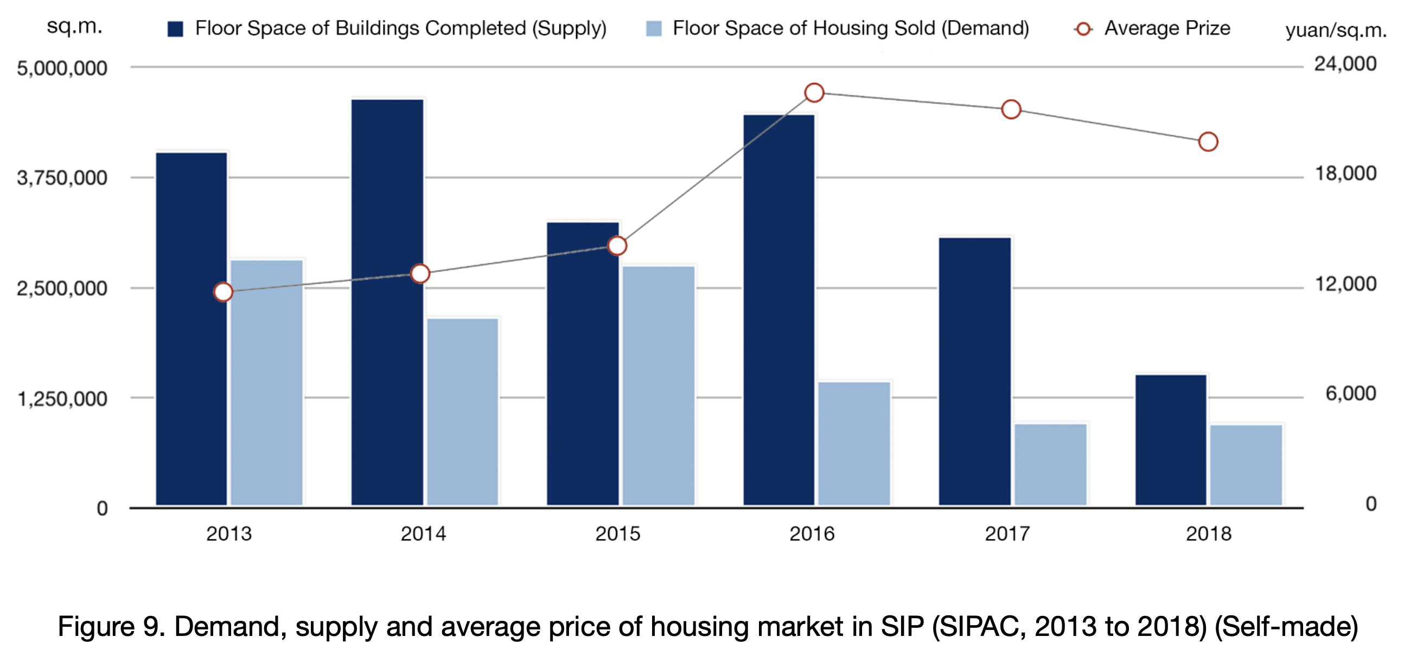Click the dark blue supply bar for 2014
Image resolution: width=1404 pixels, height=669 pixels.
(387, 303)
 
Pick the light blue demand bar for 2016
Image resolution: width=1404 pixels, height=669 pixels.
(854, 443)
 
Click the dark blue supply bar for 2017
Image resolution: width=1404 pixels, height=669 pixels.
(974, 371)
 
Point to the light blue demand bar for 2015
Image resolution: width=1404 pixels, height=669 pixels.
(659, 385)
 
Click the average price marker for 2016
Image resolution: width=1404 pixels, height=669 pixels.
(814, 93)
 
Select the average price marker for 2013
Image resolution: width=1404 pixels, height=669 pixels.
(223, 292)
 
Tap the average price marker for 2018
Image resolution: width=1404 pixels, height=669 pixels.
(1208, 142)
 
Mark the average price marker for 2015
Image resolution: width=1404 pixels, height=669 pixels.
(617, 246)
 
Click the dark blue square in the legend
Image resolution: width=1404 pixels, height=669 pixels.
(175, 29)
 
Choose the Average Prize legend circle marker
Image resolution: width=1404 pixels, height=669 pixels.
(1083, 29)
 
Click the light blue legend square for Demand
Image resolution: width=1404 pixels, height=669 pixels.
(654, 29)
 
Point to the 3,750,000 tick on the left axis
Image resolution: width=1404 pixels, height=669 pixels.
(62, 178)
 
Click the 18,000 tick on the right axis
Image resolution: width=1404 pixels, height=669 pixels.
(1345, 174)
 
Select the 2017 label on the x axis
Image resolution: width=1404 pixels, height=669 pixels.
(1007, 534)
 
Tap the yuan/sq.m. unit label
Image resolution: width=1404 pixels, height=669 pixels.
(1335, 30)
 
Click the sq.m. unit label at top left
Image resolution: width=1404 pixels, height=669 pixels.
(74, 26)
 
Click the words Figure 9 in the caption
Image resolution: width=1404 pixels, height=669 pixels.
(112, 627)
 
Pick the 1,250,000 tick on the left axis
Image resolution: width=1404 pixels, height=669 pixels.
(62, 399)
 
